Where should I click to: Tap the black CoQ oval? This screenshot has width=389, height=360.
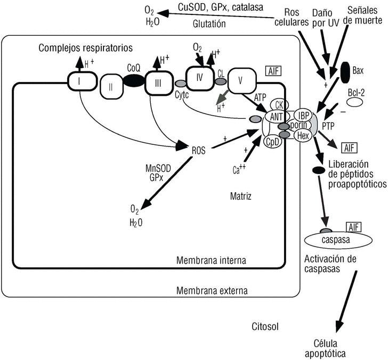click(x=134, y=81)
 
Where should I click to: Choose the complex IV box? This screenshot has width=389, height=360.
click(x=200, y=77)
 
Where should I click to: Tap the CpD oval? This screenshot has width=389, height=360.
click(x=273, y=141)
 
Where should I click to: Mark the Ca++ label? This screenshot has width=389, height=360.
click(x=239, y=170)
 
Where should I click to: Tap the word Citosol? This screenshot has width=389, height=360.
click(x=264, y=326)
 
